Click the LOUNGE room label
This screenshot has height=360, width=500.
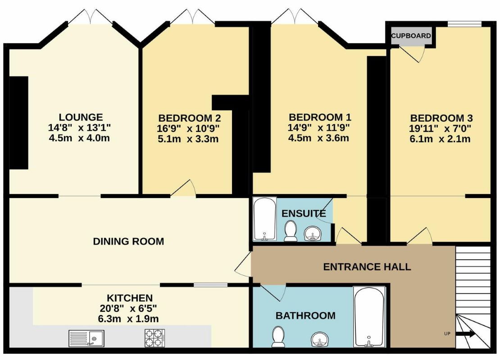click(81, 117)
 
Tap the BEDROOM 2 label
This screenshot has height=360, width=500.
click(189, 118)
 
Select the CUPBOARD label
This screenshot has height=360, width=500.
click(411, 36)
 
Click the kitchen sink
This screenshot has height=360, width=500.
click(86, 338)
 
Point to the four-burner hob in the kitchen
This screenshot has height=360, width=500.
click(155, 338)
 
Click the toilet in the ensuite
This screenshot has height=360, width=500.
click(290, 231)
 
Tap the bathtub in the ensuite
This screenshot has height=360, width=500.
click(265, 219)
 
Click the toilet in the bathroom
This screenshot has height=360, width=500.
click(278, 337)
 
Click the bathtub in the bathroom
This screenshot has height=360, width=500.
click(369, 317)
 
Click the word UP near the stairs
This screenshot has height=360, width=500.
click(447, 334)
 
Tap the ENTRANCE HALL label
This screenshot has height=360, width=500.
click(367, 267)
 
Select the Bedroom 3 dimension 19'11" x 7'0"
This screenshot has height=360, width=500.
click(441, 128)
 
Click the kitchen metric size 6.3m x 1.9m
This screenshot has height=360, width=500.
click(128, 319)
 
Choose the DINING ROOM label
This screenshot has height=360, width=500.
click(128, 241)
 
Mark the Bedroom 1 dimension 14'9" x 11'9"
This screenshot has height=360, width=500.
click(319, 128)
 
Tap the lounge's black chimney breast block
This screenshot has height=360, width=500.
click(18, 123)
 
